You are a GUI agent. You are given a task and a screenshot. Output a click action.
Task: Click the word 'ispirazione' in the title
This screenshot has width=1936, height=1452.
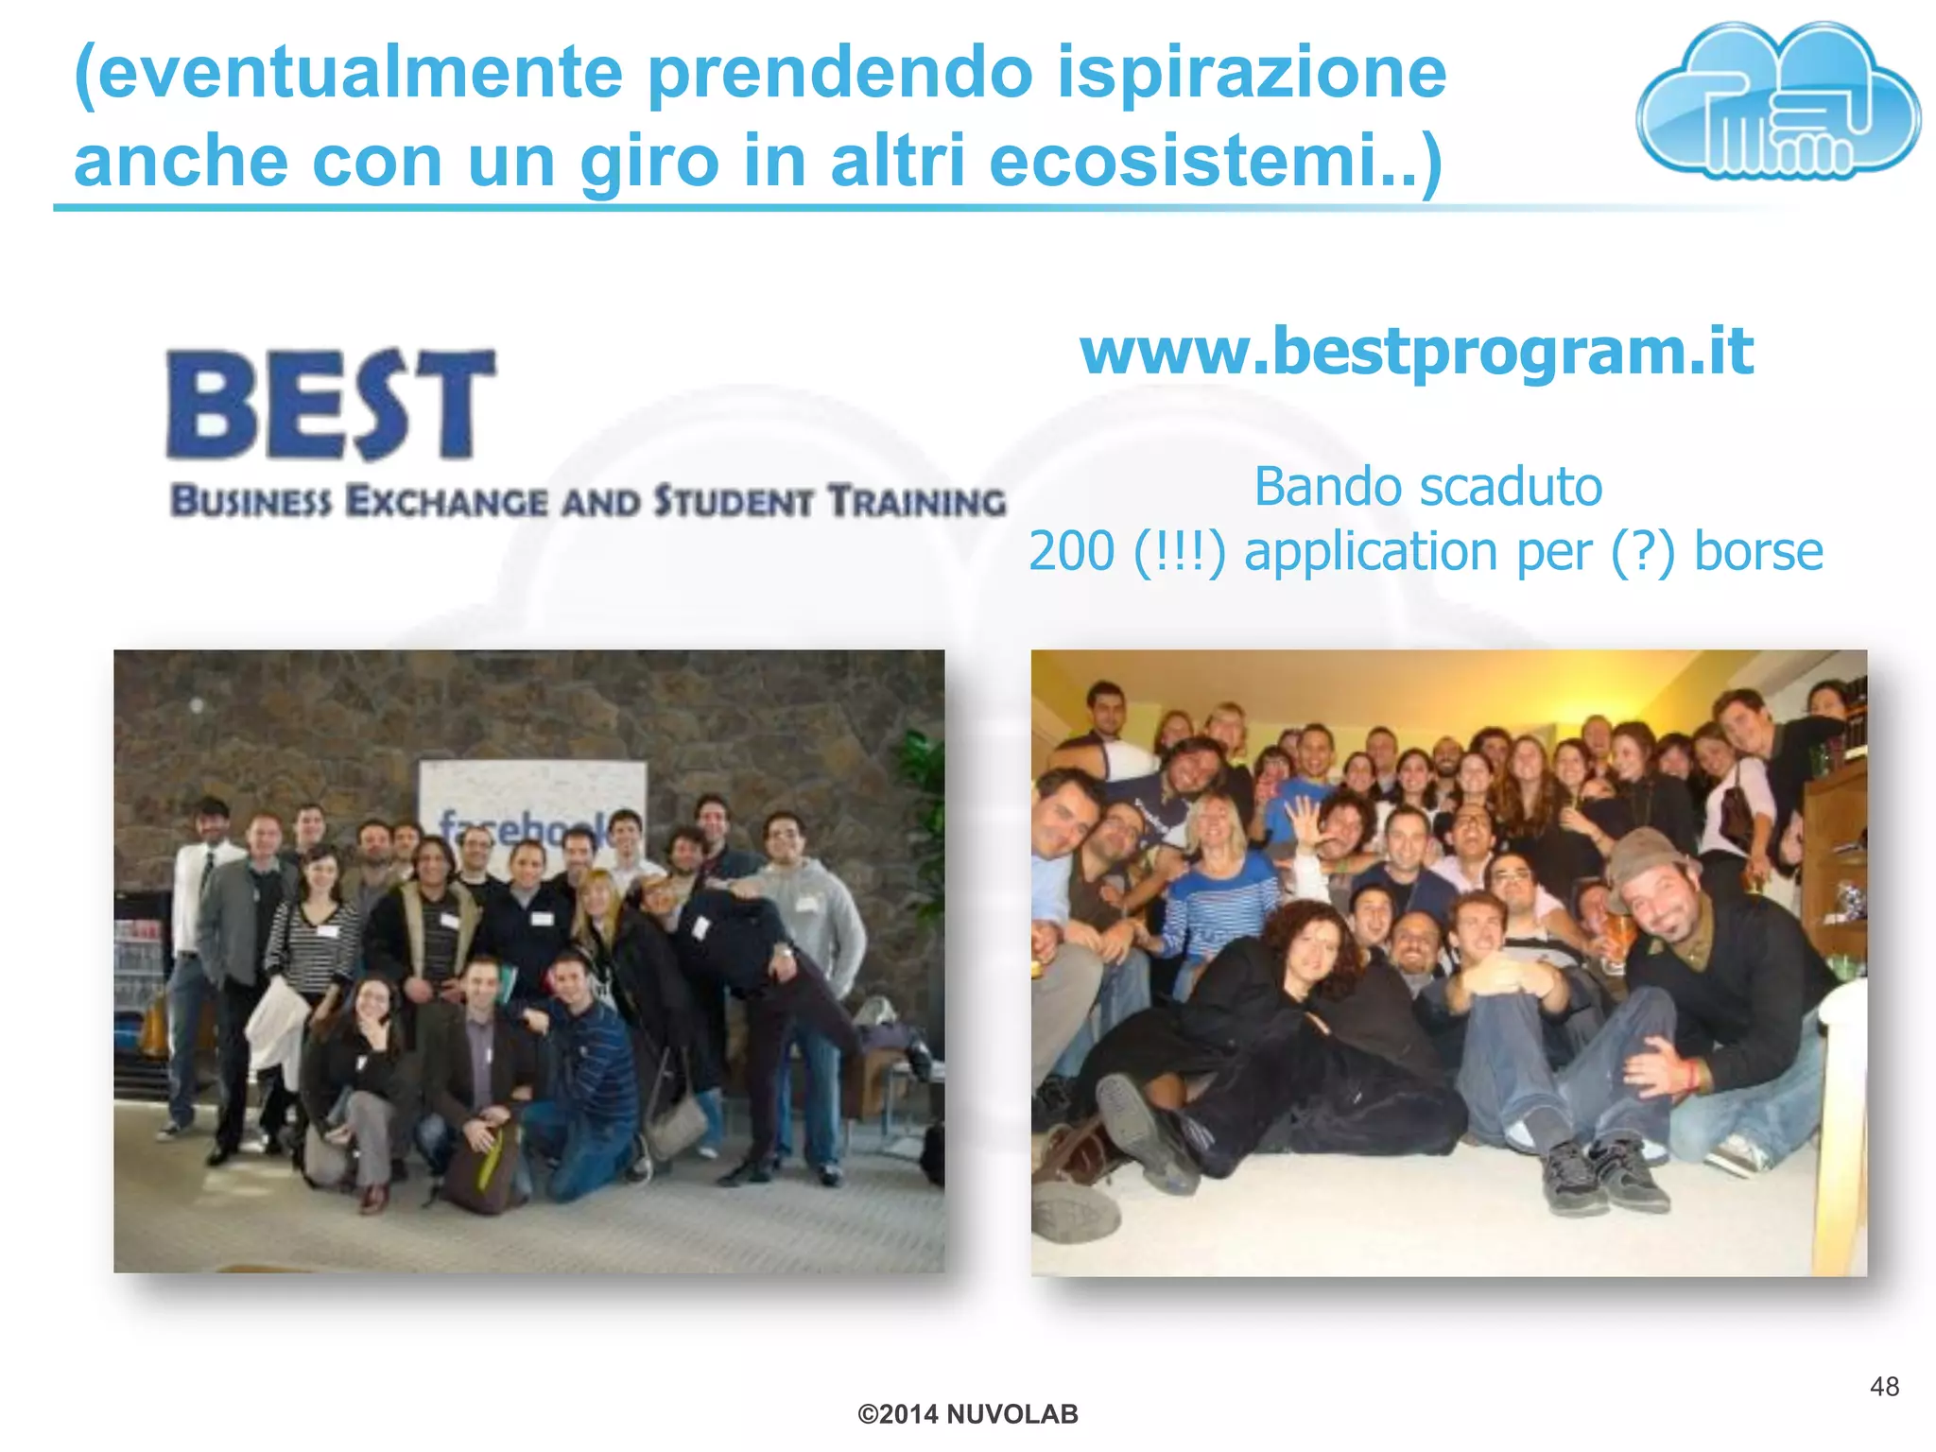[1251, 72]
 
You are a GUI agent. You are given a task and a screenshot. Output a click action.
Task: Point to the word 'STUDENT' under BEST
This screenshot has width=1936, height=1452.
[734, 502]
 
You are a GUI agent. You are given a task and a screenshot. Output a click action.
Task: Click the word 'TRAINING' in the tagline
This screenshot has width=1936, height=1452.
[917, 502]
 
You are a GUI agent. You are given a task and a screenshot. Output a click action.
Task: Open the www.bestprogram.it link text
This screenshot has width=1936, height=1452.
[1416, 352]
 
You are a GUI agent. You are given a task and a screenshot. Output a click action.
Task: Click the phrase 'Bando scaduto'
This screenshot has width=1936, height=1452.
[1427, 488]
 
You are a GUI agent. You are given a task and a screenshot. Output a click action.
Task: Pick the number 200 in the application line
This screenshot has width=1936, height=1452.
[1071, 551]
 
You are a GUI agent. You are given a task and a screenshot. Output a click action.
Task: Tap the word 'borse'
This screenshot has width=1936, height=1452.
[1757, 551]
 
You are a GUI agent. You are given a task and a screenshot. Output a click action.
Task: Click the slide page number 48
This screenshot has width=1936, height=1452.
[1884, 1387]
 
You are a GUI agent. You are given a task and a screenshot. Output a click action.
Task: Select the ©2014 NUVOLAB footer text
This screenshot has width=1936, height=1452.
[967, 1414]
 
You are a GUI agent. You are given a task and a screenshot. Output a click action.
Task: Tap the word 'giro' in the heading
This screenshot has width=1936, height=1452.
[649, 161]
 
